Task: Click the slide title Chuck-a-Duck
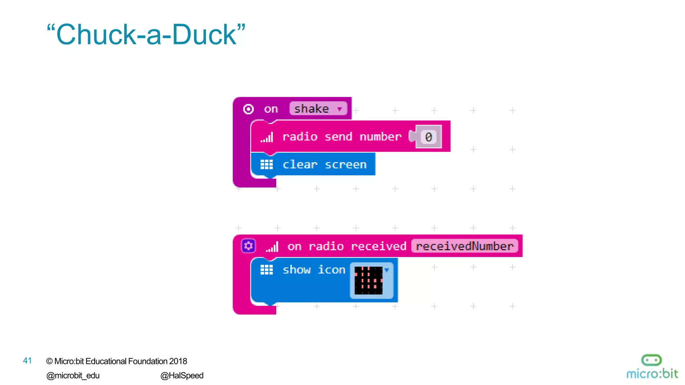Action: [146, 35]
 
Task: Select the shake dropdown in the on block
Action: [318, 109]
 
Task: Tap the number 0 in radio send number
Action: [428, 137]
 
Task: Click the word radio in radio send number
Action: [300, 137]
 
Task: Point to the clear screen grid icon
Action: [267, 164]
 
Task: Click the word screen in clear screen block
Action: [346, 164]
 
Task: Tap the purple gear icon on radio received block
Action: [248, 246]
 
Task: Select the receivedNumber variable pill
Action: [464, 246]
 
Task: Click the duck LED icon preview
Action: [368, 280]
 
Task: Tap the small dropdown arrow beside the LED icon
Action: [387, 270]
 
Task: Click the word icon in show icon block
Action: [331, 270]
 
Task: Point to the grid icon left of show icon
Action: [267, 270]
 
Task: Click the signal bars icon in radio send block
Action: [267, 137]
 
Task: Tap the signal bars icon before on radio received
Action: [272, 247]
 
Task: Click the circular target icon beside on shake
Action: [248, 109]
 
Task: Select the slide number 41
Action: [27, 361]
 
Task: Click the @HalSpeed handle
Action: [182, 376]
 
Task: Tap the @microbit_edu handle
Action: [73, 376]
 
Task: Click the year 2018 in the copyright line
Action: [178, 361]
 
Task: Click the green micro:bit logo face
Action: [651, 360]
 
